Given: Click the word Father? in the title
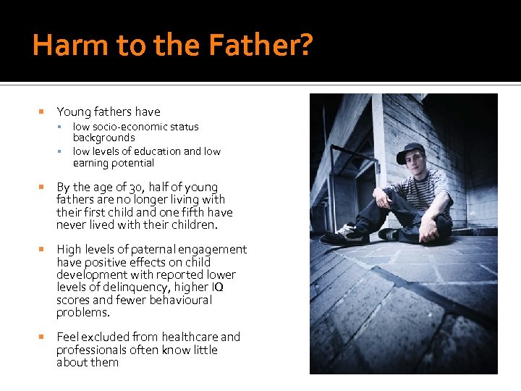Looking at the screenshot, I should pos(258,46).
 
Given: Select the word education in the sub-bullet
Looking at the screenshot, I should pos(158,151).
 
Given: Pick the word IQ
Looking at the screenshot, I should pos(217,287).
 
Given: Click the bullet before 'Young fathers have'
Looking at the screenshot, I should pos(41,112).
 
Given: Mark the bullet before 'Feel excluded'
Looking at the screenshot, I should pos(41,337).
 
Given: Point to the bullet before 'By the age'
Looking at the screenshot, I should pos(41,187).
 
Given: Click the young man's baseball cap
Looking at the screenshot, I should pos(410,152).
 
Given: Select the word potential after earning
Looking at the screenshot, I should pos(130,163).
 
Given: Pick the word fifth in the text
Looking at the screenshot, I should pos(195,212).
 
